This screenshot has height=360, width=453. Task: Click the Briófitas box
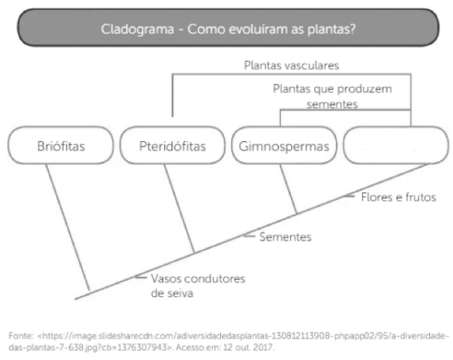click(61, 146)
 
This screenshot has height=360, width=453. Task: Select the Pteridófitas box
click(172, 146)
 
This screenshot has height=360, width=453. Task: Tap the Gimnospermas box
click(284, 146)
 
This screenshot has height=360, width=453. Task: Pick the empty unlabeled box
click(391, 146)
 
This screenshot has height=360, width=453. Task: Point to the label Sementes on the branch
click(285, 237)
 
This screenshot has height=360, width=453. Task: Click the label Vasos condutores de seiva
click(187, 285)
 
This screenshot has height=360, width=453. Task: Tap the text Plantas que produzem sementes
click(322, 96)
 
